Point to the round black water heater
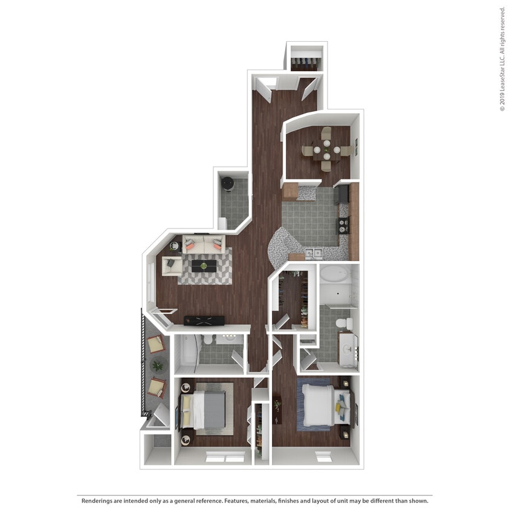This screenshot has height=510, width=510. [228, 182]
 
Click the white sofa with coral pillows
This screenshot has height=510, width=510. [203, 244]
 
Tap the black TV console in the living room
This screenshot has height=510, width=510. [204, 320]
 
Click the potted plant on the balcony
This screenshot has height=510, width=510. [157, 365]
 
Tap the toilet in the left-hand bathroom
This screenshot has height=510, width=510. [208, 341]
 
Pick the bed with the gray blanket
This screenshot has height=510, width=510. [207, 408]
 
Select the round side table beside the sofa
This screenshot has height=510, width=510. [174, 245]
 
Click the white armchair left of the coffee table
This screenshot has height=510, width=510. [170, 265]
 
